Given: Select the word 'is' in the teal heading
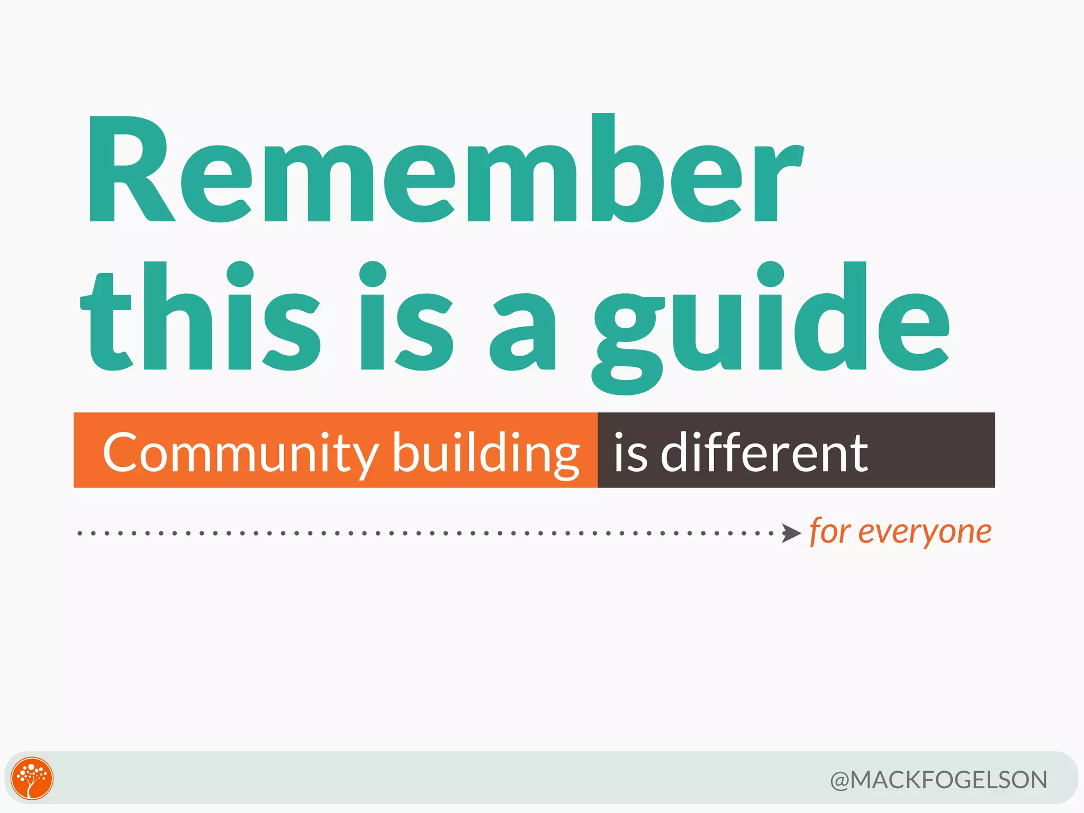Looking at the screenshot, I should [x=405, y=318].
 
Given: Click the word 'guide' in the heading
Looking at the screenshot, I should [x=770, y=323].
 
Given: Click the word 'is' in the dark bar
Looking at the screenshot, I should [x=630, y=453].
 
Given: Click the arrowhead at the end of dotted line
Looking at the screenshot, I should [x=792, y=534].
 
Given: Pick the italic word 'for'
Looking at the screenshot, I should [x=829, y=531].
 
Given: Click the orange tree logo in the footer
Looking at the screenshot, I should [x=32, y=778].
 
